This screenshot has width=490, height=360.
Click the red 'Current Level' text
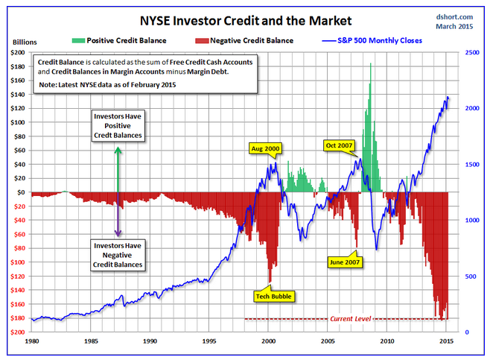click(350, 319)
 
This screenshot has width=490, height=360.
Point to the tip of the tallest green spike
click(370, 64)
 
